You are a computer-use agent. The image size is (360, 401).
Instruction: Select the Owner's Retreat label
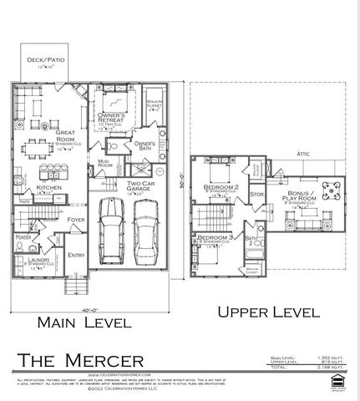pos(112,118)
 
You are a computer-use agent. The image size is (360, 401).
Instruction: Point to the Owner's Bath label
pos(145,145)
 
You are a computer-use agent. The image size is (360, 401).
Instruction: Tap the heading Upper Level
pos(268,313)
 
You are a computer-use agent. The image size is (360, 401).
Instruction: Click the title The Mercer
pos(80,360)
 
